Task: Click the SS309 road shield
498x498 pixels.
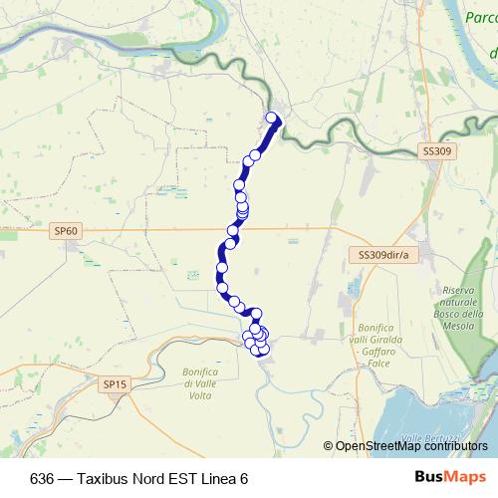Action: click(x=435, y=151)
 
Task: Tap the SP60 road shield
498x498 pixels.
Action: click(x=67, y=231)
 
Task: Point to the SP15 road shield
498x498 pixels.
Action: click(x=115, y=383)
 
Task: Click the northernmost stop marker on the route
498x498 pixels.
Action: click(x=273, y=120)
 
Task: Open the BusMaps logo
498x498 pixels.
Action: click(x=450, y=477)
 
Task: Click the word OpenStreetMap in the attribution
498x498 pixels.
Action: click(x=377, y=446)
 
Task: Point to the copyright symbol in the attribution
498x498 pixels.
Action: click(x=329, y=446)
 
